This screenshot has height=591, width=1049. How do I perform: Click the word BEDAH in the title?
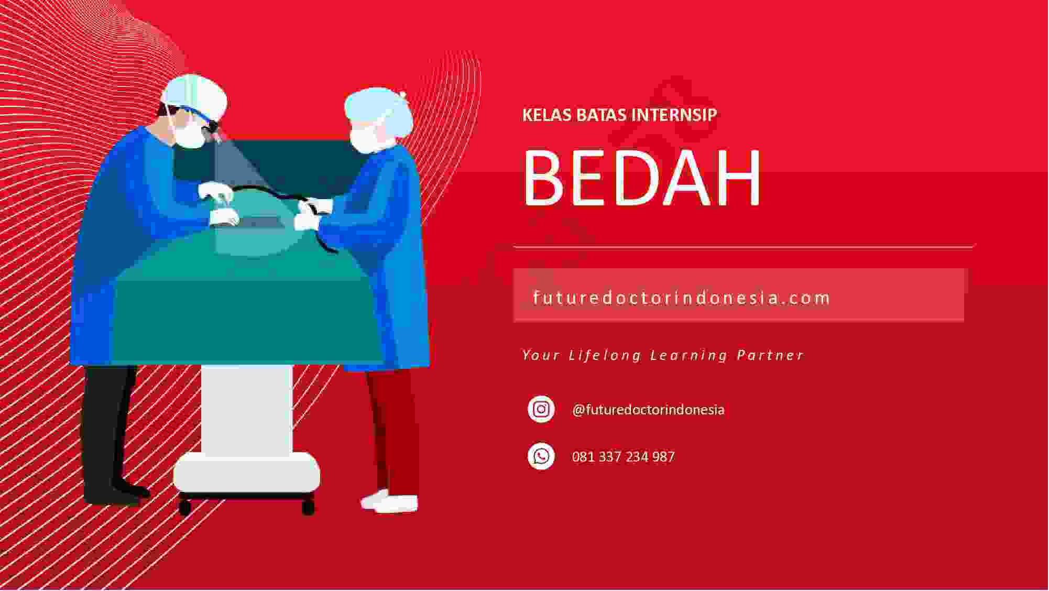642,177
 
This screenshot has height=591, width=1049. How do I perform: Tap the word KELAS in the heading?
547,115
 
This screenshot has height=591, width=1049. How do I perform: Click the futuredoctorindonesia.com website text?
682,298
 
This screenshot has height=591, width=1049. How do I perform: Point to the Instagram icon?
541,409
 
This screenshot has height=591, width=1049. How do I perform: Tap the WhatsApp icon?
541,456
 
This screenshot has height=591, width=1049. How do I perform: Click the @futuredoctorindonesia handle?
648,410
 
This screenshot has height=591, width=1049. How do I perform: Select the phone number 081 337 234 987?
624,457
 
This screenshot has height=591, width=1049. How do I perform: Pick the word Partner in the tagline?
770,355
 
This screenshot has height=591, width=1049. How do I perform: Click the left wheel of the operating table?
184,507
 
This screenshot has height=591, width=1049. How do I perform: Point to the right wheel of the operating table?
309,507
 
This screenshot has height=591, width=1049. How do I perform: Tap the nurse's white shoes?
389,502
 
